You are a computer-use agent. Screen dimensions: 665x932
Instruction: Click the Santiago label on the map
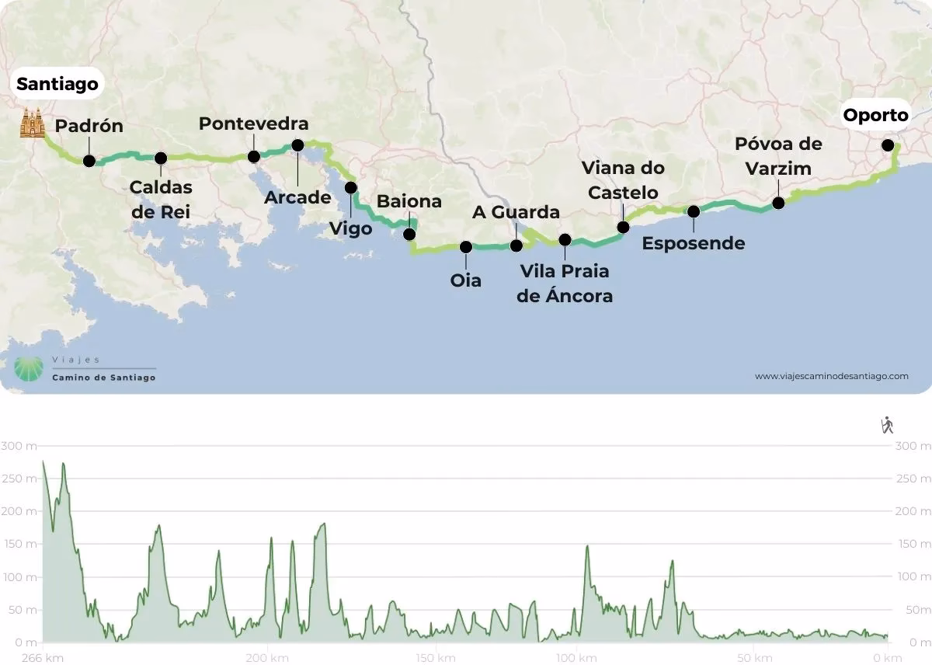[58, 83]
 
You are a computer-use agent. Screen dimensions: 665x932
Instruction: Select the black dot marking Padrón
[89, 161]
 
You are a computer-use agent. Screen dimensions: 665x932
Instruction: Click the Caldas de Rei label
[160, 200]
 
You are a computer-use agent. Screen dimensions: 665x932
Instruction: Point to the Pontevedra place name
[253, 124]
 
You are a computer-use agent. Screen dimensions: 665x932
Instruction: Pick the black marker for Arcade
[297, 145]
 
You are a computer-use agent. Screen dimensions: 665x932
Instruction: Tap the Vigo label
[350, 229]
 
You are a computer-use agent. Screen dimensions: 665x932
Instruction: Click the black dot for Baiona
[409, 234]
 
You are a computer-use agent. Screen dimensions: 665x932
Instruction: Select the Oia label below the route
[466, 280]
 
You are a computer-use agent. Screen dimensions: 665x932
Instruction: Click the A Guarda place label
[516, 212]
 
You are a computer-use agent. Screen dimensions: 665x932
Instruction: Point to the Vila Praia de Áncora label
[565, 284]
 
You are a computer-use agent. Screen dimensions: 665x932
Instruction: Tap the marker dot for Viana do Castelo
[623, 228]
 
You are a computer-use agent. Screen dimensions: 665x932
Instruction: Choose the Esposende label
[694, 243]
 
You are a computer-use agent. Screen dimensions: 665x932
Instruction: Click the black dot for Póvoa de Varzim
[778, 204]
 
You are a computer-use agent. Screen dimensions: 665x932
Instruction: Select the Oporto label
[875, 116]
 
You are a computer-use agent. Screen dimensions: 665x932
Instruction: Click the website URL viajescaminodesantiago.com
[831, 376]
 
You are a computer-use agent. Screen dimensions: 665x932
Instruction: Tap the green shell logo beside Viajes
[30, 369]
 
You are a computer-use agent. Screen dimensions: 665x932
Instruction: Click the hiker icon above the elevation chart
[887, 425]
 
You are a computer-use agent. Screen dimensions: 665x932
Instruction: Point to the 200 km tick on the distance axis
[268, 657]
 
